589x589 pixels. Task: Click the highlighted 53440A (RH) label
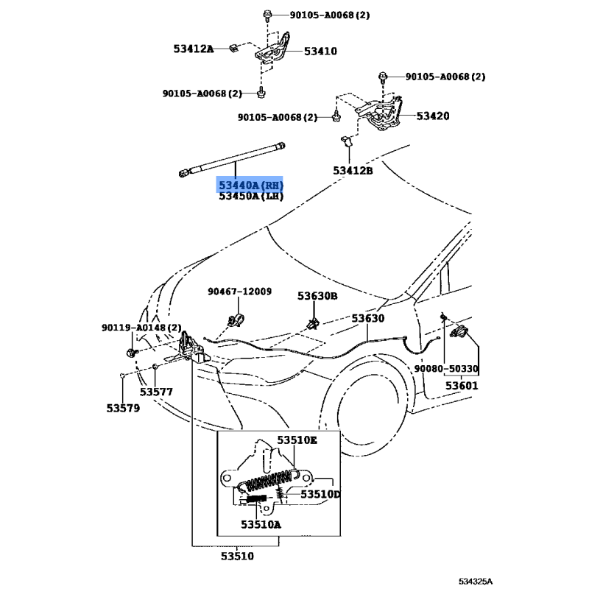(251, 186)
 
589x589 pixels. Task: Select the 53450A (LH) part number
(251, 196)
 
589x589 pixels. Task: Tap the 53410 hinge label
(320, 51)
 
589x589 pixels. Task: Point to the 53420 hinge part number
(433, 116)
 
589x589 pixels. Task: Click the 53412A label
(193, 49)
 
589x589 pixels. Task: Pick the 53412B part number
(353, 171)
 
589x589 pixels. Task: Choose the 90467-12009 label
(240, 292)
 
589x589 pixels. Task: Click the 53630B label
(317, 296)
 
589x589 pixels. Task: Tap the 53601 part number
(462, 386)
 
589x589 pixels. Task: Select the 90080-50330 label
(446, 369)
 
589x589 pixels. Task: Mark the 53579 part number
(123, 408)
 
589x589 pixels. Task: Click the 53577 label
(156, 392)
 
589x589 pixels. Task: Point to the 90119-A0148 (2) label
(141, 328)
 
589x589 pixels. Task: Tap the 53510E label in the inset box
(297, 440)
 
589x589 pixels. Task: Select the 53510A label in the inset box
(261, 524)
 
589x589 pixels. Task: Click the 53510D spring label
(320, 494)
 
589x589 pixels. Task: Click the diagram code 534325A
(475, 582)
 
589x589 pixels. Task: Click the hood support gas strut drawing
(232, 159)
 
